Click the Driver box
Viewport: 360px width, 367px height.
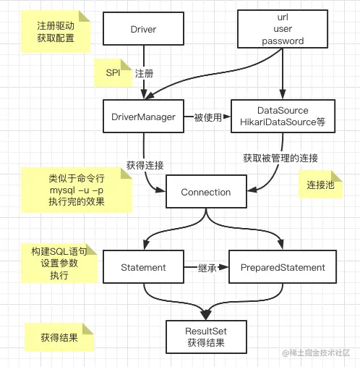click(143, 30)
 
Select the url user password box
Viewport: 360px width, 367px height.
click(282, 30)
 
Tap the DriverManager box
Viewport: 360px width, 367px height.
click(143, 117)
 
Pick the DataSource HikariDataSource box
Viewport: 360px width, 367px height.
click(282, 117)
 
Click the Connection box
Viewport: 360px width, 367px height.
click(205, 192)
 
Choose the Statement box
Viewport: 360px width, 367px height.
click(143, 267)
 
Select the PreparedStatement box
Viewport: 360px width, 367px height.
click(282, 267)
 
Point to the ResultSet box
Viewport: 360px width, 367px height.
click(207, 336)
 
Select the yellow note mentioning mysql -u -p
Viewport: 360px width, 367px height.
click(76, 190)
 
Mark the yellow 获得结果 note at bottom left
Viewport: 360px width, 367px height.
click(59, 337)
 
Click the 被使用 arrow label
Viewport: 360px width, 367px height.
click(207, 117)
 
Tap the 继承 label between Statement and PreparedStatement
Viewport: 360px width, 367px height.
click(207, 267)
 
